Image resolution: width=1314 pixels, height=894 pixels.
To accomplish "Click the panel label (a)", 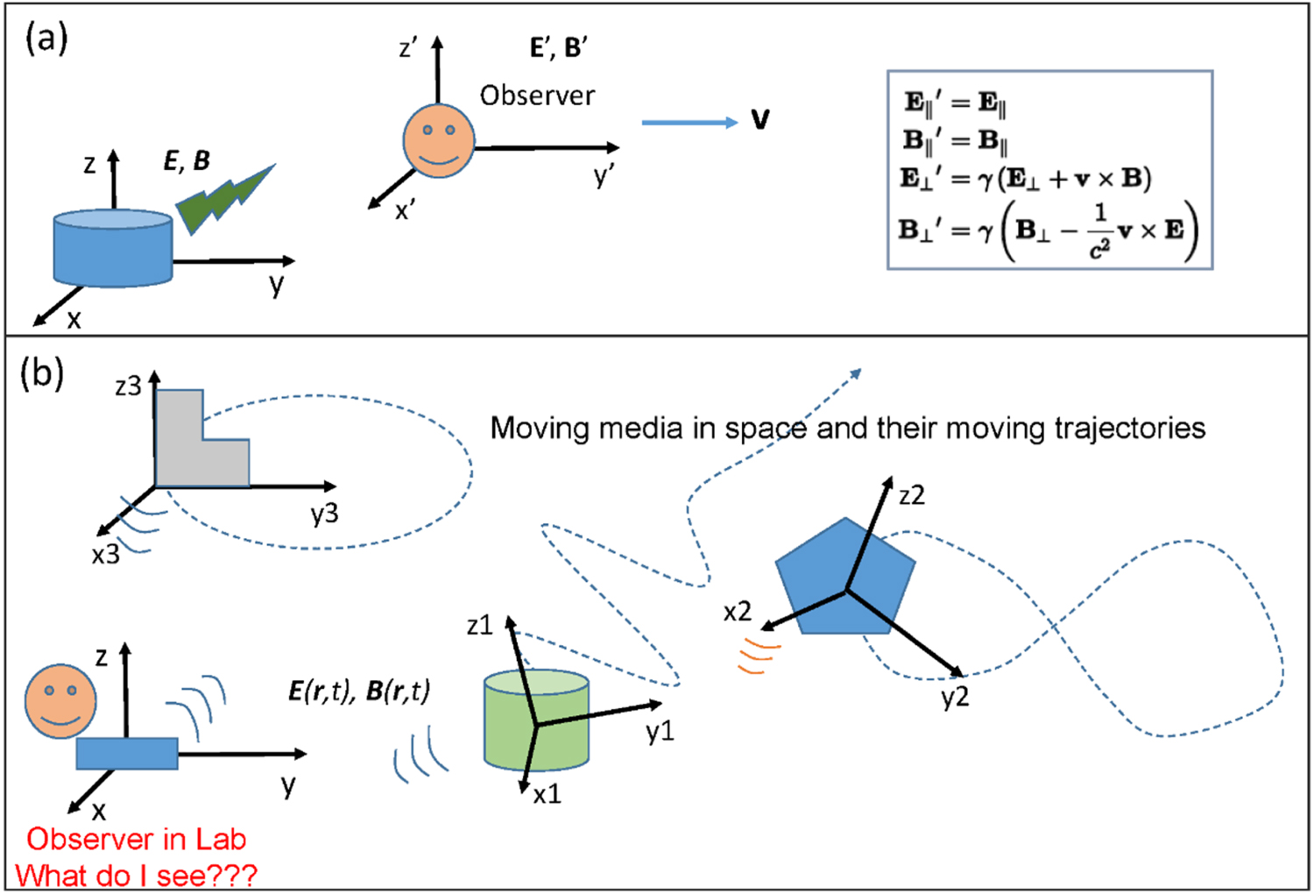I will coord(46,39).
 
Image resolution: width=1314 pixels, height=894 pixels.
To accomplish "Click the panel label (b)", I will coord(42,374).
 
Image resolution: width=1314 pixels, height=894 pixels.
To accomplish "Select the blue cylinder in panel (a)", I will coord(112,249).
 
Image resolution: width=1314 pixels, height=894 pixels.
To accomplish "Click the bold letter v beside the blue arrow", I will coord(760,120).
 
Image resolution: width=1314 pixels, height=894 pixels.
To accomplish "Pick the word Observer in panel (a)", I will coord(537,96).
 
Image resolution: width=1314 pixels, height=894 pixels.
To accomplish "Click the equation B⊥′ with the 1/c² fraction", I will coord(1047,231).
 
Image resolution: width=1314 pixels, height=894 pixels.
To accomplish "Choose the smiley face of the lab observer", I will coord(60,701).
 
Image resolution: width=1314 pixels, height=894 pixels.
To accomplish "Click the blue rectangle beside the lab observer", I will coord(127,754).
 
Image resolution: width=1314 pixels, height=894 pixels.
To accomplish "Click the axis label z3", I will coord(128,387).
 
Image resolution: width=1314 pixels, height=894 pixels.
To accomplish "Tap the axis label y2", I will coord(955,698).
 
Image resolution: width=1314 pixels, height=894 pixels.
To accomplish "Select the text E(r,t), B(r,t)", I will coord(359,692).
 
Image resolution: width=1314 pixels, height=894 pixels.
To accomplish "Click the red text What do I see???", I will coord(137,876).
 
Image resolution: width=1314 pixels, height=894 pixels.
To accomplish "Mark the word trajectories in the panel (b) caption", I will coord(1129,428).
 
